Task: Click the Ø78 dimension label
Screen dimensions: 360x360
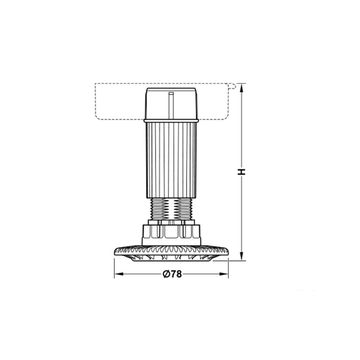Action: pyautogui.click(x=172, y=274)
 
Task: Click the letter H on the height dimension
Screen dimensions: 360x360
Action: pyautogui.click(x=241, y=172)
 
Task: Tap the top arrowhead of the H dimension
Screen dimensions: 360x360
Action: pyautogui.click(x=241, y=88)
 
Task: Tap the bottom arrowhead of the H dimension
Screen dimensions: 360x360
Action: pyautogui.click(x=241, y=256)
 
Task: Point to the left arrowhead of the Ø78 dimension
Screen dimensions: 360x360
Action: pyautogui.click(x=119, y=274)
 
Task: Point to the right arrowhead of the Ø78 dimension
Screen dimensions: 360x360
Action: pyautogui.click(x=224, y=274)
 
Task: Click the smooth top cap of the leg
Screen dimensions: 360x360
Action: pyautogui.click(x=171, y=103)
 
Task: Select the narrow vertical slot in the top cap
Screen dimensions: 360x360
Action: pyautogui.click(x=171, y=105)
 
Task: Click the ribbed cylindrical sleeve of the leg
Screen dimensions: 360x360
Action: pyautogui.click(x=171, y=160)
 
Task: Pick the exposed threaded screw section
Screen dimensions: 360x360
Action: pyautogui.click(x=171, y=209)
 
